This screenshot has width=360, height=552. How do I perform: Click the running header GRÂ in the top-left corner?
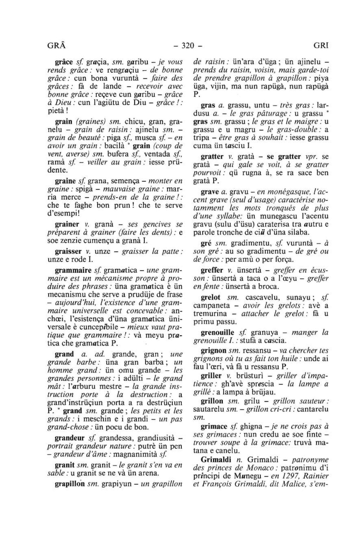[57, 45]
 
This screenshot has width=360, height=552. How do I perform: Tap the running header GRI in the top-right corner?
[321, 46]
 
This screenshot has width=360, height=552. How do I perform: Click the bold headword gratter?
[212, 156]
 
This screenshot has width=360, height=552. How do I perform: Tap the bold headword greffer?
[212, 270]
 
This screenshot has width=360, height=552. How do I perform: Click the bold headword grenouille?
[217, 332]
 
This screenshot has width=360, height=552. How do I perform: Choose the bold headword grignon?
[213, 350]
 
